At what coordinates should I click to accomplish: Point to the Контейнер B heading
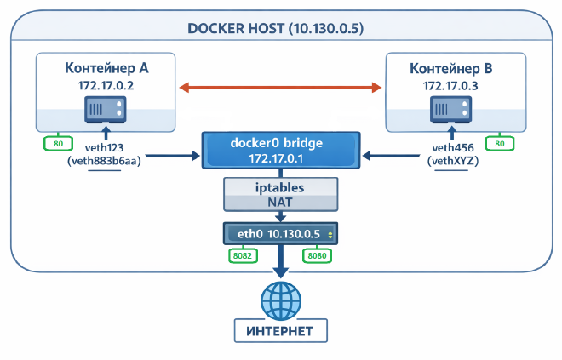coord(456,67)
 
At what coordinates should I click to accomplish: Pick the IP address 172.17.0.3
coord(456,86)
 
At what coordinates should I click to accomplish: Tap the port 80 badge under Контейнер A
coord(58,144)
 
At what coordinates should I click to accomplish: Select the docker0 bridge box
coord(278,150)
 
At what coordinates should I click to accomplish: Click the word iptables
coord(278,186)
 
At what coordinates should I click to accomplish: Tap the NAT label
coord(278,203)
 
